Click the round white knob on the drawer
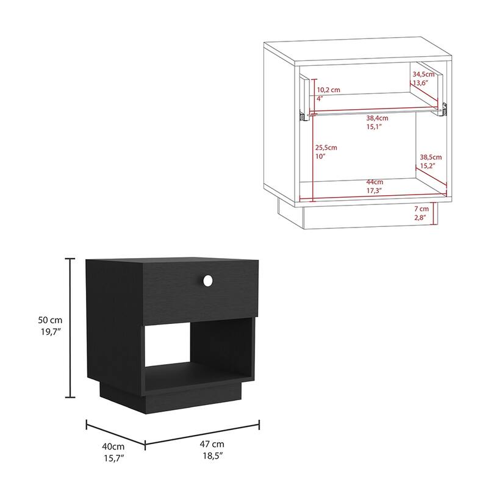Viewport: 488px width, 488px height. pos(207,280)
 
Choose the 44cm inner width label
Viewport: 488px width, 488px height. pos(375,182)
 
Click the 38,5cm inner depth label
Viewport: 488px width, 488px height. pos(430,156)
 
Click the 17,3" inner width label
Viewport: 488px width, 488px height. pos(375,192)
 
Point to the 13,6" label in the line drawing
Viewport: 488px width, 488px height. pos(420,82)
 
